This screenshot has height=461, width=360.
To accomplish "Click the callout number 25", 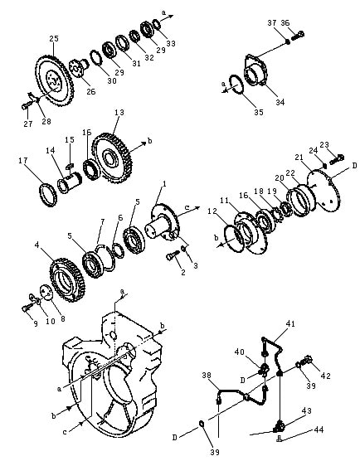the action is [x=54, y=38].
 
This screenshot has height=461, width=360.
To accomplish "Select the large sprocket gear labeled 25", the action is [x=55, y=80].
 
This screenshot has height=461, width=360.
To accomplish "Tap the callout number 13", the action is [x=119, y=112].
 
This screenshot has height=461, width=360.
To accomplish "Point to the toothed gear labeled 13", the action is [x=112, y=158].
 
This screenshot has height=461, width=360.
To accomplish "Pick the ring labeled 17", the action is [x=48, y=195].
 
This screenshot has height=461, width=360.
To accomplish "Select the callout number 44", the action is [x=319, y=429].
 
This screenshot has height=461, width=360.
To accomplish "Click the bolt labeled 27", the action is [x=27, y=105].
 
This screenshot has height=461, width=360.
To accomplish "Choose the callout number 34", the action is [x=280, y=102].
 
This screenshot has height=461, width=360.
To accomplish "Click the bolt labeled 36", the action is [x=298, y=36].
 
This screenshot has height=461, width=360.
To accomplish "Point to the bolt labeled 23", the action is [x=337, y=159].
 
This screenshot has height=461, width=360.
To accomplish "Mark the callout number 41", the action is [x=290, y=323].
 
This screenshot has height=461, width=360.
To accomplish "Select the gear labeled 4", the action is [x=67, y=279].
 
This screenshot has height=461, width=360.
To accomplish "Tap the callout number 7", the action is [x=102, y=221].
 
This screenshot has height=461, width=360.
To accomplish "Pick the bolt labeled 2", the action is [x=173, y=255].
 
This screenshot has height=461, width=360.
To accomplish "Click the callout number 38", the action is [x=207, y=375].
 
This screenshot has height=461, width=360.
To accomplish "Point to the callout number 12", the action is [x=212, y=211].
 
